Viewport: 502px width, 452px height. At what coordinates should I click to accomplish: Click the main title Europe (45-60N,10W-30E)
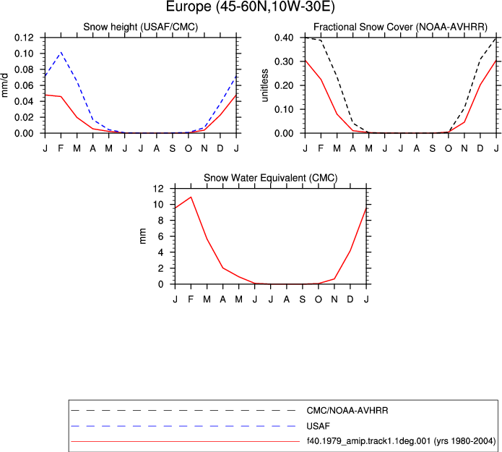[251, 7]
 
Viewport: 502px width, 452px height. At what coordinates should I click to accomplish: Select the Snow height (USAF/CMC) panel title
[141, 27]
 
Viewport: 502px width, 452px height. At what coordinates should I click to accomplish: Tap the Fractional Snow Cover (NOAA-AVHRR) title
[400, 27]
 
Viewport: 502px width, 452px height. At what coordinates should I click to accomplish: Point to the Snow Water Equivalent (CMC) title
[271, 178]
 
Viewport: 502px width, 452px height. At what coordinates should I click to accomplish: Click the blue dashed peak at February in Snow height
[61, 52]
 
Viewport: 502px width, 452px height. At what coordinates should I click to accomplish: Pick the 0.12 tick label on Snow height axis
[24, 38]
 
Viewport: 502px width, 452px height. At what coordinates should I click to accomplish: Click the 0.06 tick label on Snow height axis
[24, 85]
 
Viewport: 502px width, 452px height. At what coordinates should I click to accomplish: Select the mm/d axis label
[5, 85]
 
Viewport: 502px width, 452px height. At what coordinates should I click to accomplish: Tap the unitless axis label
[265, 85]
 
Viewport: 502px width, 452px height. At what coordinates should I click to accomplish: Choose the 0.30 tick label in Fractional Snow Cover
[284, 61]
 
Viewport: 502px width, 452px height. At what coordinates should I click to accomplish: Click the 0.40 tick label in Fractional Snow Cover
[284, 38]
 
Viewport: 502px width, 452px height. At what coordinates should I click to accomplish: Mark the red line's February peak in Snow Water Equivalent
[191, 197]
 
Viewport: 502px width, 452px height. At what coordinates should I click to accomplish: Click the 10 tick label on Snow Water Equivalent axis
[158, 205]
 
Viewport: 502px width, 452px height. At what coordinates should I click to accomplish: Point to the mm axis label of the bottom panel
[143, 236]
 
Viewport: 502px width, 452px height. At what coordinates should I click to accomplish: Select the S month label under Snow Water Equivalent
[302, 299]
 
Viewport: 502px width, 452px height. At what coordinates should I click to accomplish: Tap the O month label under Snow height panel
[189, 148]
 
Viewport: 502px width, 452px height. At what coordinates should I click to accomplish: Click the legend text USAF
[319, 426]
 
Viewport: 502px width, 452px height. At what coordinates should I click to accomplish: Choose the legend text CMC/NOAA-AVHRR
[347, 410]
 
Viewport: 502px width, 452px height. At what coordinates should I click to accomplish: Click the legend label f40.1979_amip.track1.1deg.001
[368, 441]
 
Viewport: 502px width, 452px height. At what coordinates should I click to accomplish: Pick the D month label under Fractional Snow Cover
[480, 148]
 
